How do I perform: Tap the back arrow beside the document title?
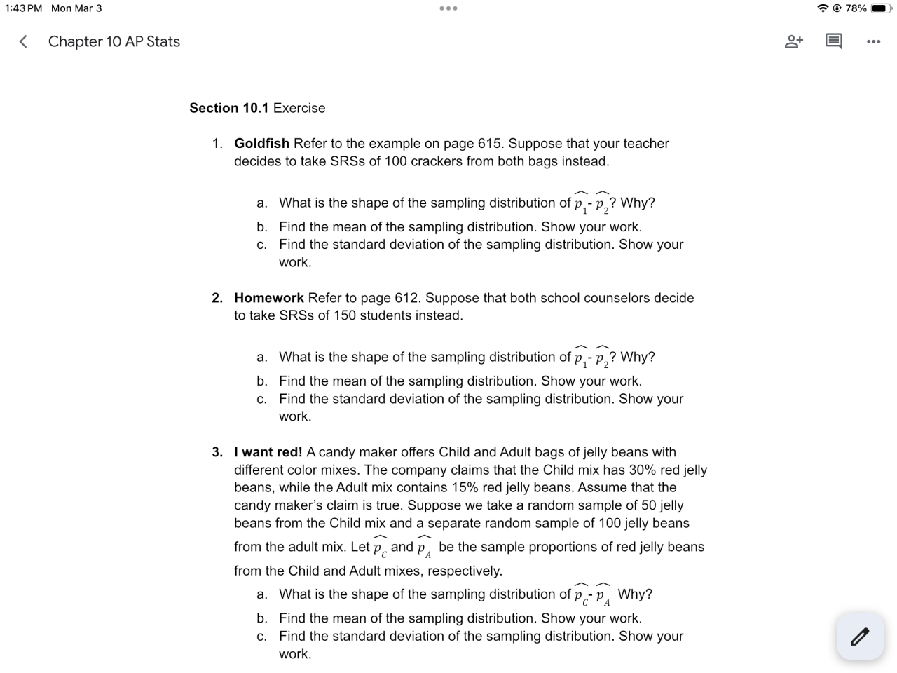pos(23,42)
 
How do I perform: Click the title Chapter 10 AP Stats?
pos(114,42)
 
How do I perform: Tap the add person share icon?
pos(793,41)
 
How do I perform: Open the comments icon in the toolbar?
pos(833,41)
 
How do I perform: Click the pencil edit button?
pos(860,637)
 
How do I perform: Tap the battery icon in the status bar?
pos(881,8)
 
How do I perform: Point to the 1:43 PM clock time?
pos(23,8)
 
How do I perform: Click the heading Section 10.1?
pos(228,108)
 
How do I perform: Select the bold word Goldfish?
pos(261,143)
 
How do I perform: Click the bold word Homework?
pos(269,298)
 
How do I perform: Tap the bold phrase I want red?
pos(268,452)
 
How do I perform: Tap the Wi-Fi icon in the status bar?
pos(823,8)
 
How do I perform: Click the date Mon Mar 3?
pos(76,8)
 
